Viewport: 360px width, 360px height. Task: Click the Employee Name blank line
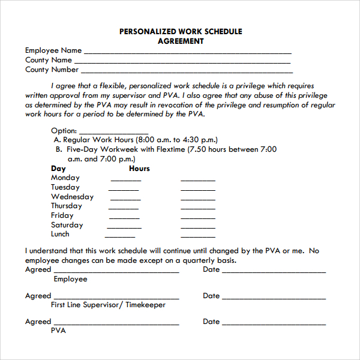tap(187, 53)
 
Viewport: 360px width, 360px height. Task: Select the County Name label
tap(49, 60)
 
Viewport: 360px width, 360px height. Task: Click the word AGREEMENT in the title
tap(181, 41)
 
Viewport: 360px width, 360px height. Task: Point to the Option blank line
tap(113, 133)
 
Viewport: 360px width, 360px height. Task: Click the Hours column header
tap(139, 169)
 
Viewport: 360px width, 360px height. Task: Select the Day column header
tap(58, 169)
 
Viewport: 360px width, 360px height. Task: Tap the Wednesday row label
tap(72, 197)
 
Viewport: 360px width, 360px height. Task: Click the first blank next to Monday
tap(125, 180)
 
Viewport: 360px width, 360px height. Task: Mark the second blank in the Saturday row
tap(198, 227)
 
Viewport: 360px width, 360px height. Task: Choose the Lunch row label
tap(60, 234)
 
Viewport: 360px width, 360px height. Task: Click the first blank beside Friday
tap(124, 218)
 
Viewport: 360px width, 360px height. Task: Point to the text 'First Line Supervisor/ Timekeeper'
tap(108, 305)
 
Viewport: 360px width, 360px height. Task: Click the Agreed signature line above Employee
tap(116, 272)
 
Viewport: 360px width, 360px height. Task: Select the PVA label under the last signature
tap(58, 331)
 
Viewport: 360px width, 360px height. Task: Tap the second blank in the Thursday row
tap(198, 208)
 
